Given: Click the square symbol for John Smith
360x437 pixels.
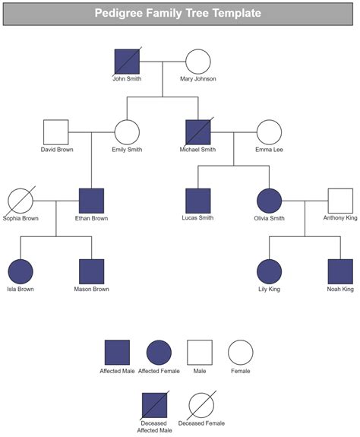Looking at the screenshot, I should (x=127, y=62).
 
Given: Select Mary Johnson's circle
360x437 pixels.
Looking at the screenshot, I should (x=198, y=62).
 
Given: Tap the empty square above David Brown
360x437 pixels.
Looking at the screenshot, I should (x=55, y=132).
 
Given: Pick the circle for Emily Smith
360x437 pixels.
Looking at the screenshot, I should (x=127, y=132).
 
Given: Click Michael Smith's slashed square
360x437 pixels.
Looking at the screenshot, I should (x=198, y=132).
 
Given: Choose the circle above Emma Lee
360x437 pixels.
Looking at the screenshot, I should (x=269, y=132).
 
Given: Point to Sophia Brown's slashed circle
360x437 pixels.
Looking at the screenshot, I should (x=21, y=201).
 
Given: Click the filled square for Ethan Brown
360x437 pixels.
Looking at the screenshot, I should (x=91, y=201).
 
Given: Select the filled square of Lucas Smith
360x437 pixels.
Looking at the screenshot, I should (x=198, y=201).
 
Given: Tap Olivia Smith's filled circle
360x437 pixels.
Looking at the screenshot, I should (x=269, y=201).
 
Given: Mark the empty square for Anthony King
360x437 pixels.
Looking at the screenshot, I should (x=340, y=201).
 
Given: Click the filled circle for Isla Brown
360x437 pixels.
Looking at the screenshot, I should (x=21, y=272).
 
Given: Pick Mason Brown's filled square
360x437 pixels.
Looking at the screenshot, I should (x=91, y=272).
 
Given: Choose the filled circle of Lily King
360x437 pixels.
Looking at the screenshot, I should (x=269, y=272).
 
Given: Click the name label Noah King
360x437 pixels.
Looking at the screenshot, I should (x=340, y=290).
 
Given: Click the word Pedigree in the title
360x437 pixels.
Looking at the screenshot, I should (x=120, y=13).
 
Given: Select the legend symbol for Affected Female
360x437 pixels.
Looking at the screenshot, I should (x=159, y=353).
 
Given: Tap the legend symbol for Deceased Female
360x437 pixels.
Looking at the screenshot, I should (x=201, y=404).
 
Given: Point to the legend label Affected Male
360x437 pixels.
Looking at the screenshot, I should (x=116, y=372).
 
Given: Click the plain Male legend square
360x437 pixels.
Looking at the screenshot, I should (x=200, y=353).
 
